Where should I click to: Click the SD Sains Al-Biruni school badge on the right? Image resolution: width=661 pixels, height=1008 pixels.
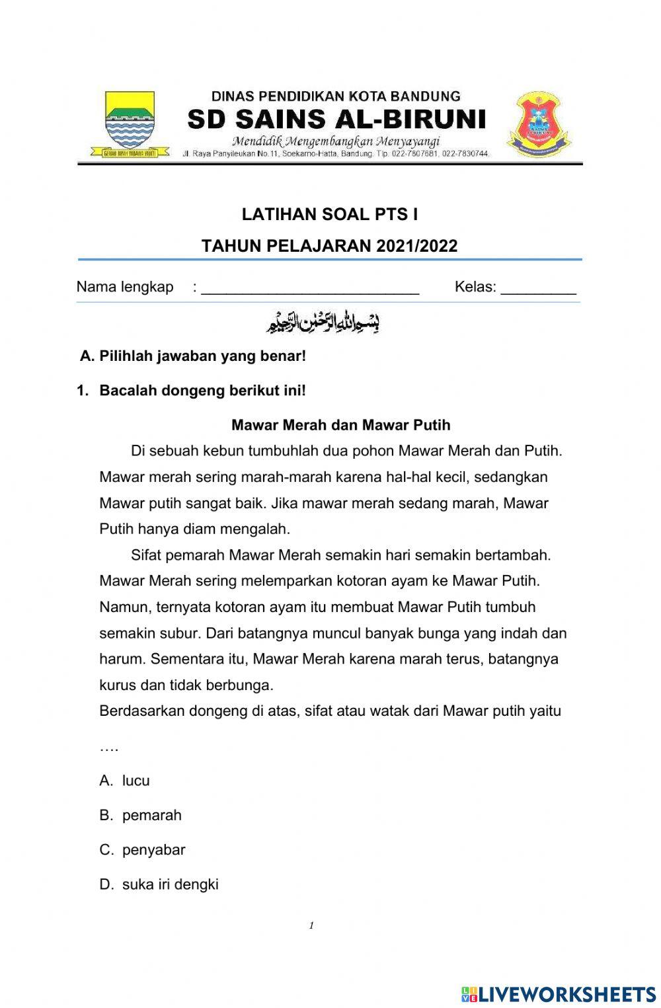click(x=539, y=124)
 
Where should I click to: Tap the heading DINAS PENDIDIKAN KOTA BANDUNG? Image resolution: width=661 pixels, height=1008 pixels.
click(x=336, y=97)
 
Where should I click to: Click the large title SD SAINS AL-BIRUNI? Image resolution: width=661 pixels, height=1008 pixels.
click(x=336, y=120)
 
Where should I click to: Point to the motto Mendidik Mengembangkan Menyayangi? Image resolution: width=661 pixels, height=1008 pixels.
click(x=336, y=141)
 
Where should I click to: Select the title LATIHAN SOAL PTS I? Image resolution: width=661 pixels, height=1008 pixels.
click(x=329, y=214)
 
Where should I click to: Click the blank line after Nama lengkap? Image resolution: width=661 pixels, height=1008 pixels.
click(x=310, y=289)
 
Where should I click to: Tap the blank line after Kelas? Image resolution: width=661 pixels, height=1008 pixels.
click(x=538, y=289)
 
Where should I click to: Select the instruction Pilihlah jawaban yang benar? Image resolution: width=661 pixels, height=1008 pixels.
click(x=202, y=356)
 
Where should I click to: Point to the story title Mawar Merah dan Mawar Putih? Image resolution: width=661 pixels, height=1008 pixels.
click(x=340, y=425)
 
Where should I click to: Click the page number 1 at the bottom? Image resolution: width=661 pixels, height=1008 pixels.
click(x=311, y=925)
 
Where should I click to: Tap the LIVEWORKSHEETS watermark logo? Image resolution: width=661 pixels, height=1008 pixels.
click(x=559, y=993)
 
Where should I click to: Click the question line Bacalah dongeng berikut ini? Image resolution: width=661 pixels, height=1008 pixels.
click(x=202, y=391)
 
